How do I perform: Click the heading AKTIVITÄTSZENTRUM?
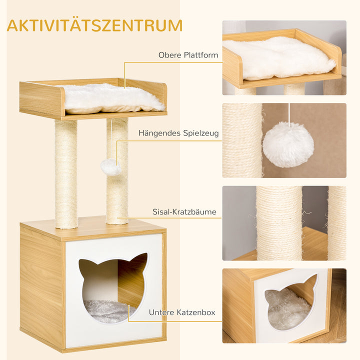pyautogui.click(x=94, y=25)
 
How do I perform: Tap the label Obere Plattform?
pyautogui.click(x=188, y=55)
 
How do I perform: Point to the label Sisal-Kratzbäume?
pyautogui.click(x=184, y=212)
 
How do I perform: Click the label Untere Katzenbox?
pyautogui.click(x=181, y=312)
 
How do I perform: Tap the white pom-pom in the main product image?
pyautogui.click(x=111, y=167)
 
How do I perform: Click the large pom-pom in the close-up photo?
pyautogui.click(x=288, y=144)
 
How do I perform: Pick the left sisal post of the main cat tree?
pyautogui.click(x=66, y=172)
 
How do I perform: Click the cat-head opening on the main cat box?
pyautogui.click(x=112, y=285)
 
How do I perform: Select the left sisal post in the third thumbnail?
pyautogui.click(x=279, y=222)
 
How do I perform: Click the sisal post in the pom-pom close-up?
pyautogui.click(x=242, y=140)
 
